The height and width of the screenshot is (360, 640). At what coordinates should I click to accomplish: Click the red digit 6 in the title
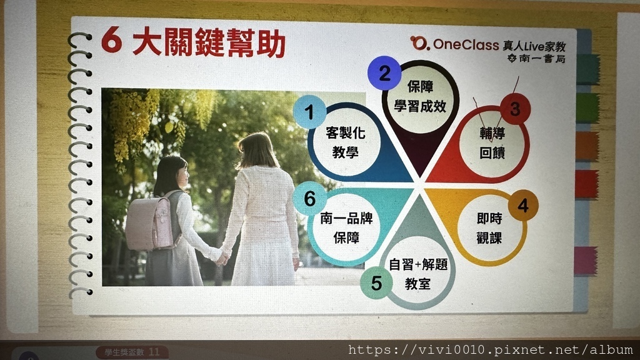pyautogui.click(x=112, y=41)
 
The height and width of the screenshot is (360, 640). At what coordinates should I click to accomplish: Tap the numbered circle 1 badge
pyautogui.click(x=309, y=112)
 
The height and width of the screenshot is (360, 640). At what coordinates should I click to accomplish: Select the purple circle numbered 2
pyautogui.click(x=384, y=73)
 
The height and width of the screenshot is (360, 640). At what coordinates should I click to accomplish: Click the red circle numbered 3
pyautogui.click(x=515, y=109)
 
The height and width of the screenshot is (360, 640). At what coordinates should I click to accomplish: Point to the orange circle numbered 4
pyautogui.click(x=523, y=205)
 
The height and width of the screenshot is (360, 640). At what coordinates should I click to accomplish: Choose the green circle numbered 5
pyautogui.click(x=376, y=283)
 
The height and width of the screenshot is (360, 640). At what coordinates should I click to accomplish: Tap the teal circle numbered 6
pyautogui.click(x=309, y=198)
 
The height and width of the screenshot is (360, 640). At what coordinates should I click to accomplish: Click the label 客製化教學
pyautogui.click(x=345, y=142)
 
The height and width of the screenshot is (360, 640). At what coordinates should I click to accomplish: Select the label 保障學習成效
pyautogui.click(x=420, y=96)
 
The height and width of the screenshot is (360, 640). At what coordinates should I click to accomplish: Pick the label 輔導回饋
pyautogui.click(x=492, y=142)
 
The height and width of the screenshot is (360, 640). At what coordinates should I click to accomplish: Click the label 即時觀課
pyautogui.click(x=489, y=228)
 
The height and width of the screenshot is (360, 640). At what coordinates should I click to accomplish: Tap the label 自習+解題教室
pyautogui.click(x=418, y=274)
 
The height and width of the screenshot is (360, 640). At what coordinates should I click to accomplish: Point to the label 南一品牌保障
pyautogui.click(x=346, y=227)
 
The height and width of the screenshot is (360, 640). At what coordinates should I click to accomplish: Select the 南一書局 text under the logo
pyautogui.click(x=542, y=59)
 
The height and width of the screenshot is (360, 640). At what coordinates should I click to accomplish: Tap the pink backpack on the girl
pyautogui.click(x=151, y=222)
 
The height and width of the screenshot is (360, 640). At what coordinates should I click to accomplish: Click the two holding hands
pyautogui.click(x=222, y=258)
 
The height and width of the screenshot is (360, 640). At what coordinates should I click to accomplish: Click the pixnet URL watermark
pyautogui.click(x=490, y=350)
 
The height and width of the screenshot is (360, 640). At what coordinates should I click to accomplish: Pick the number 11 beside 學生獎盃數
pyautogui.click(x=154, y=352)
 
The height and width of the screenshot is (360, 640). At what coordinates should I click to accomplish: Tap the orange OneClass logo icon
pyautogui.click(x=419, y=43)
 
